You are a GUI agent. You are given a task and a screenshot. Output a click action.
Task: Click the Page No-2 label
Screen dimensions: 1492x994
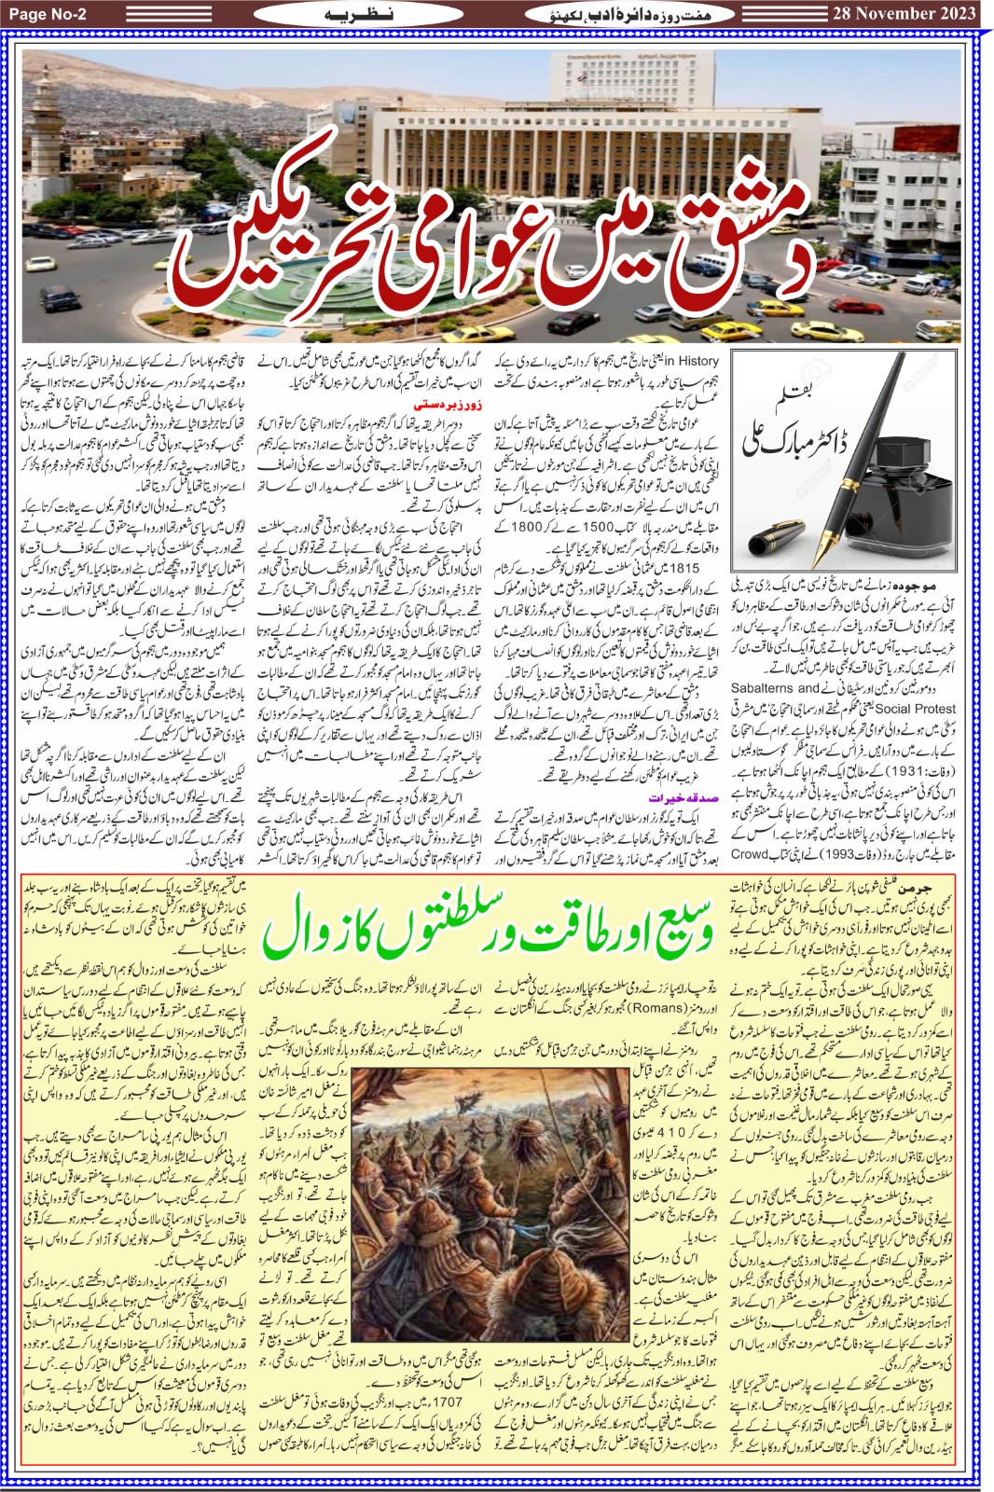click(x=56, y=14)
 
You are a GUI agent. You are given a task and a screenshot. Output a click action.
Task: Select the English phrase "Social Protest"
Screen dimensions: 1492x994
click(x=918, y=708)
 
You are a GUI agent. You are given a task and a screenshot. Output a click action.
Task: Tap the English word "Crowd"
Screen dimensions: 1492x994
click(x=750, y=853)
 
